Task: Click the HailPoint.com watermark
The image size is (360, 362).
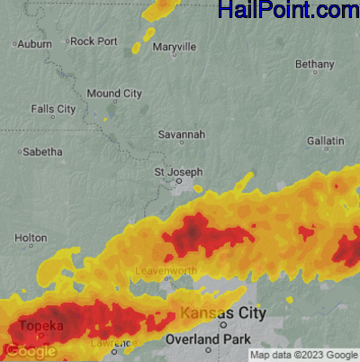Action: [x=288, y=11]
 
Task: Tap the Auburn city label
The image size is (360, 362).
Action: [x=34, y=43]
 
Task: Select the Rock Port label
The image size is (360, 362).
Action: [x=94, y=41]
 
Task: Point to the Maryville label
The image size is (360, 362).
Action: [x=175, y=47]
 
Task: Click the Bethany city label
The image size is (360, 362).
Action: [x=314, y=64]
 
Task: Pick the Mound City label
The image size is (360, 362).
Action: [x=114, y=93]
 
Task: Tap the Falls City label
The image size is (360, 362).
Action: [x=53, y=108]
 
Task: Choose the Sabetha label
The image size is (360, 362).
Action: [x=42, y=151]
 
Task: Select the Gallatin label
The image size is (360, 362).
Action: [x=325, y=141]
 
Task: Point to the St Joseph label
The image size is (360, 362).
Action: [x=178, y=171]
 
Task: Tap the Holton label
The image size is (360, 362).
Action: [x=31, y=238]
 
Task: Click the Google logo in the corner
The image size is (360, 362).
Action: [x=31, y=351]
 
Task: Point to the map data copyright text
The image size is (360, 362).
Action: [x=303, y=355]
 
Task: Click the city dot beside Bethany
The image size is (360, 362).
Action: [x=314, y=74]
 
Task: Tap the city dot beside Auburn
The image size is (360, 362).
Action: [x=15, y=43]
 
